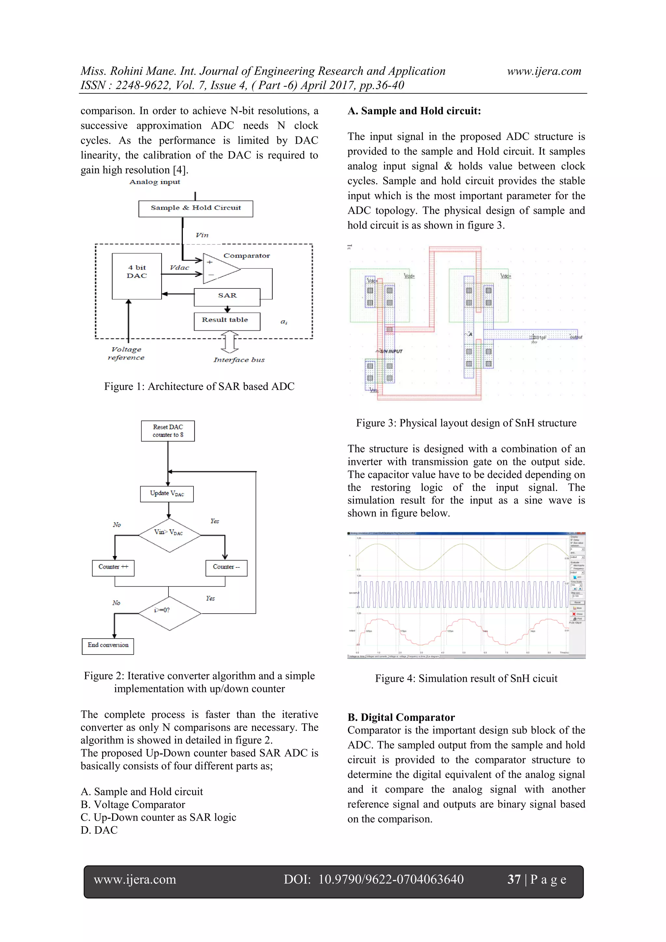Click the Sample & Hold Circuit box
tap(195, 208)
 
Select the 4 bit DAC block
tap(137, 276)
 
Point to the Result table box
tap(227, 321)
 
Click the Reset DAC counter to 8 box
tap(168, 431)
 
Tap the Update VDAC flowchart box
tap(166, 494)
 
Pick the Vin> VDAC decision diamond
tap(169, 535)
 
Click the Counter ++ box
tap(113, 568)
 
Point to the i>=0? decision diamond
tap(169, 613)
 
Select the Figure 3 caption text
tap(466, 423)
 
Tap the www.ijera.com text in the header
tap(544, 72)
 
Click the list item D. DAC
tap(99, 829)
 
